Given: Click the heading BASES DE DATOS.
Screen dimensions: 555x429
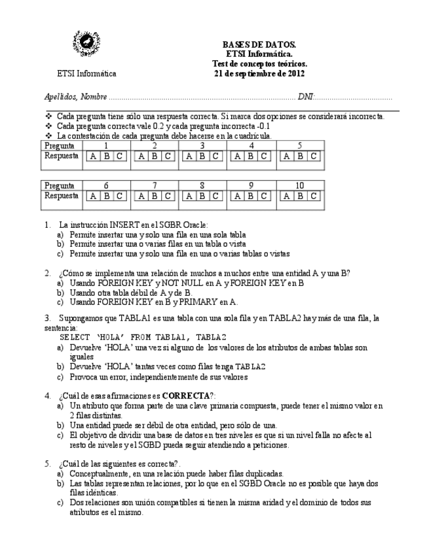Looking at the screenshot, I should click(259, 45).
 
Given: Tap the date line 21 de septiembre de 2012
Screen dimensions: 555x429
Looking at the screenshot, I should click(259, 73).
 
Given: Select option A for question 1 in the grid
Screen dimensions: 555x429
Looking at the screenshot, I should click(93, 156).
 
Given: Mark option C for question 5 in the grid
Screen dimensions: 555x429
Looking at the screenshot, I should click(314, 156).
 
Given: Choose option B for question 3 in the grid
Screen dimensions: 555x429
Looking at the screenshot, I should click(202, 156).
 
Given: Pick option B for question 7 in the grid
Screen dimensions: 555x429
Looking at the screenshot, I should click(155, 196).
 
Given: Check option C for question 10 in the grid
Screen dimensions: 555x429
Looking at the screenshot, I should click(314, 196).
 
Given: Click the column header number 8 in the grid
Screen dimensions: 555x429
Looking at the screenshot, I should click(202, 186).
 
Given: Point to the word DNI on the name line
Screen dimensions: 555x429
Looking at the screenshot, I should click(305, 97).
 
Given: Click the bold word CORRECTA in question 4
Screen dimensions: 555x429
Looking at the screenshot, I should click(186, 396).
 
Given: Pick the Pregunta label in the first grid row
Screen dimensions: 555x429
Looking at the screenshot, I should click(59, 146).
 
